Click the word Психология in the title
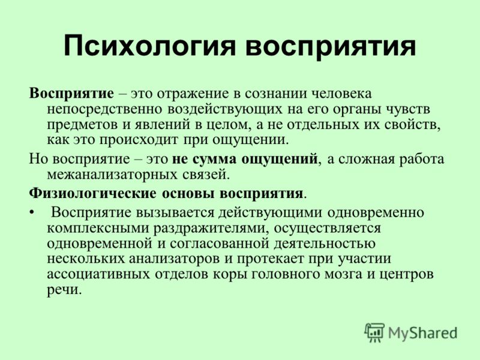[149, 46]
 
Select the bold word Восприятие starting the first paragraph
[71, 94]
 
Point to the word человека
[341, 94]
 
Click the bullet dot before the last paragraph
[32, 213]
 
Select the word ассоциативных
[98, 274]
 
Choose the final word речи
[64, 290]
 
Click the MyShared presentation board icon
[374, 332]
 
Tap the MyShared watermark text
[423, 333]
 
